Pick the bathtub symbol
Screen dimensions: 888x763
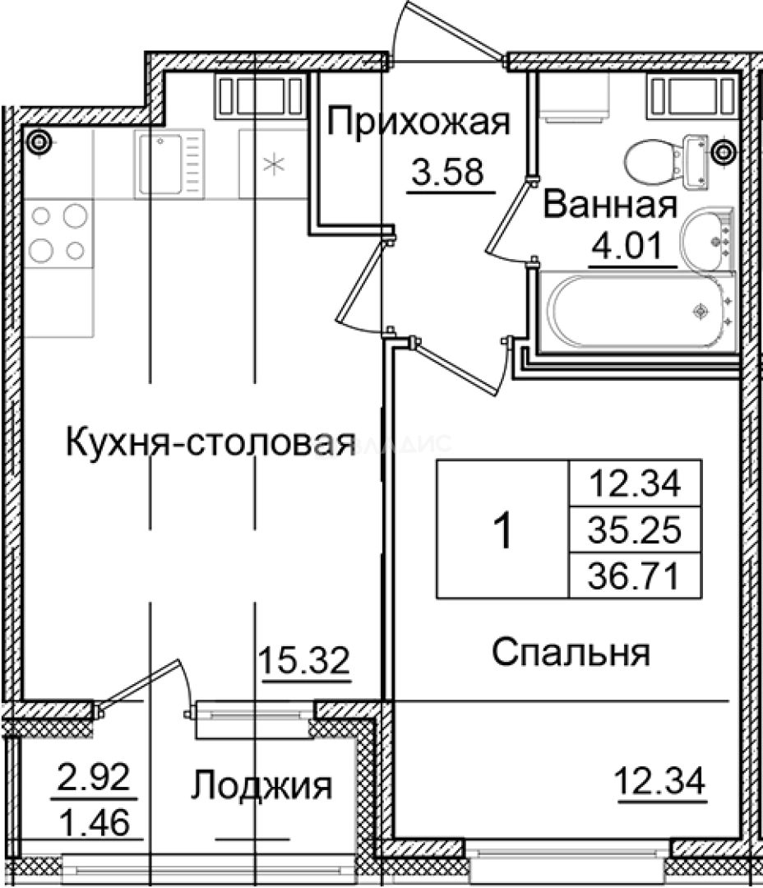(638, 312)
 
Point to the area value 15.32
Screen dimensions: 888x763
(304, 659)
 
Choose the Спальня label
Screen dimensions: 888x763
(571, 654)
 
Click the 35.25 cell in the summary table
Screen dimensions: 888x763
(634, 532)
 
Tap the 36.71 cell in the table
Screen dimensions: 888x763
(634, 578)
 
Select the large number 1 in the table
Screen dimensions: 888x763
(502, 530)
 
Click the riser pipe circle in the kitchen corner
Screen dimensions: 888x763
(37, 143)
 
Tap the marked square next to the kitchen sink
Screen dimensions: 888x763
(271, 164)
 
